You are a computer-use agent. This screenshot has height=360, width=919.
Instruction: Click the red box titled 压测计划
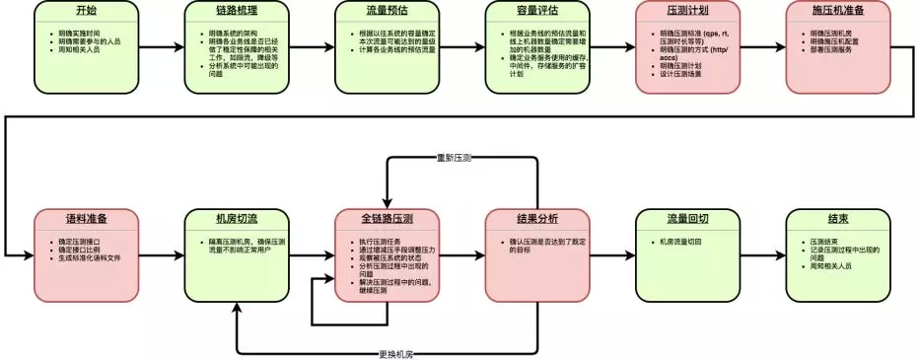[674, 11]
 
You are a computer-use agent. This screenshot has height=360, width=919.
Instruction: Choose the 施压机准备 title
[824, 11]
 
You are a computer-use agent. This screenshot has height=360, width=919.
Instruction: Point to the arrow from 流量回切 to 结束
[749, 254]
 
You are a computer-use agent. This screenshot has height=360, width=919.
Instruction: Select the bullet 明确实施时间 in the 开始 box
[85, 33]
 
